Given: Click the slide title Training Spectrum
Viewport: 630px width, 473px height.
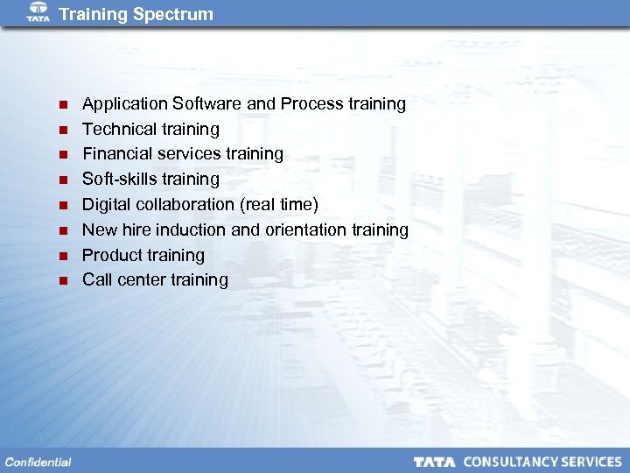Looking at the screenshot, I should [136, 14].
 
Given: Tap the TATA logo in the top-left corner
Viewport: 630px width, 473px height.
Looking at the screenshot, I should [38, 12].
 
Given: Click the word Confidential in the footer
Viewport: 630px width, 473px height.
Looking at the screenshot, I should [38, 462].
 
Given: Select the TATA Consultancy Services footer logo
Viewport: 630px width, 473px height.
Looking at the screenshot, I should [517, 462].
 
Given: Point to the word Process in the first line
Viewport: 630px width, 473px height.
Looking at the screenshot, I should [311, 104].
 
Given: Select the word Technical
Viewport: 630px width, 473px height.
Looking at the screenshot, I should [118, 130].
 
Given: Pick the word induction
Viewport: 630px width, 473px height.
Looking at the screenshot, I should [192, 230].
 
